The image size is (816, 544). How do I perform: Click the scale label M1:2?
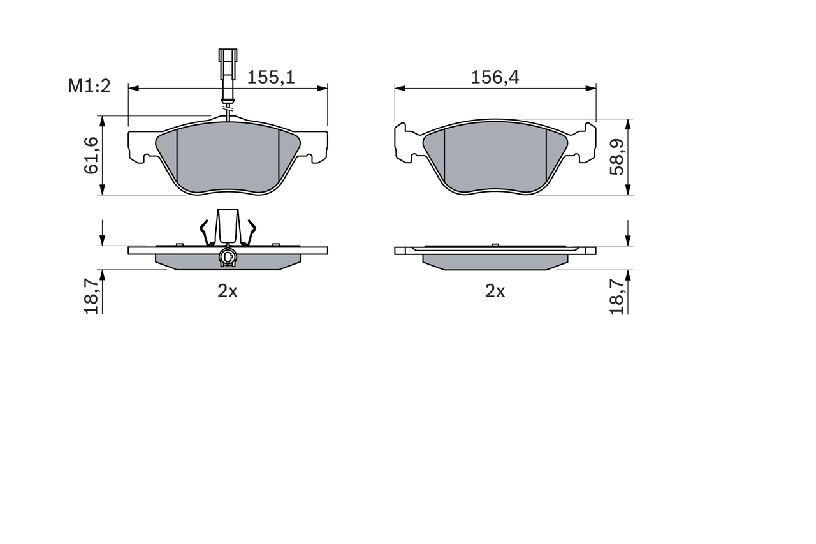click(x=89, y=86)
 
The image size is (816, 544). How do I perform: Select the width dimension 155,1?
click(x=271, y=77)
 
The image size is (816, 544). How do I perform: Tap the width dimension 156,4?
click(x=495, y=77)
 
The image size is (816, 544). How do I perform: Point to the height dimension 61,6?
click(x=91, y=155)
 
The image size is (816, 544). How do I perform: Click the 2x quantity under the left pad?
click(x=228, y=291)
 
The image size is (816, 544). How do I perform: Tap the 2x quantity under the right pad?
click(x=495, y=291)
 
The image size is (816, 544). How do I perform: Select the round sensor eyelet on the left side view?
click(x=227, y=257)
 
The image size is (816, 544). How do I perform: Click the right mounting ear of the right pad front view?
click(x=585, y=143)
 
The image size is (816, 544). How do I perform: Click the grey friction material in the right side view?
click(x=495, y=262)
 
